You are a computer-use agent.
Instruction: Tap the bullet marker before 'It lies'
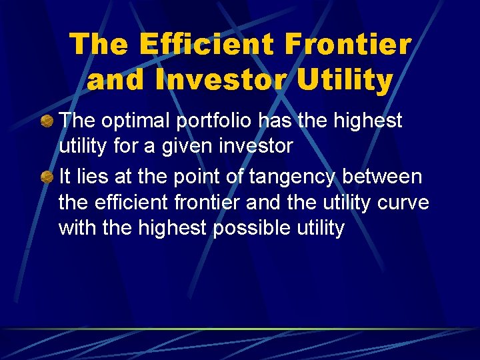47,177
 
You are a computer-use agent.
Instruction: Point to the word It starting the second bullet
65,177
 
